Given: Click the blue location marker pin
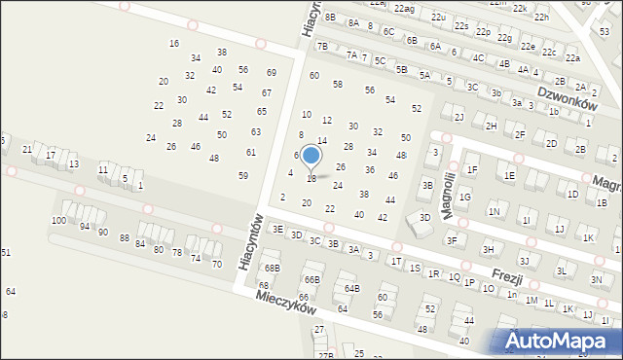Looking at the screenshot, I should click(311, 157).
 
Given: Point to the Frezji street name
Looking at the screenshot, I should click(507, 276).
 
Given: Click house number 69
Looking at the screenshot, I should click(272, 73).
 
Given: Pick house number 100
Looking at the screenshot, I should click(58, 221).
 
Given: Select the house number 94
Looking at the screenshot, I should click(86, 226).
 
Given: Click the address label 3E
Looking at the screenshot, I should click(277, 229).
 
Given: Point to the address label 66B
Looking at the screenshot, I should click(311, 279).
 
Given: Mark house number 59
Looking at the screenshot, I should click(243, 175).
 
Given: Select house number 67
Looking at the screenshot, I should click(267, 92).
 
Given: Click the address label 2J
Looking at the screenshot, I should click(458, 117).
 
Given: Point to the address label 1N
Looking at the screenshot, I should click(495, 211).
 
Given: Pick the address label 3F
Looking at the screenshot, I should click(451, 239).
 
